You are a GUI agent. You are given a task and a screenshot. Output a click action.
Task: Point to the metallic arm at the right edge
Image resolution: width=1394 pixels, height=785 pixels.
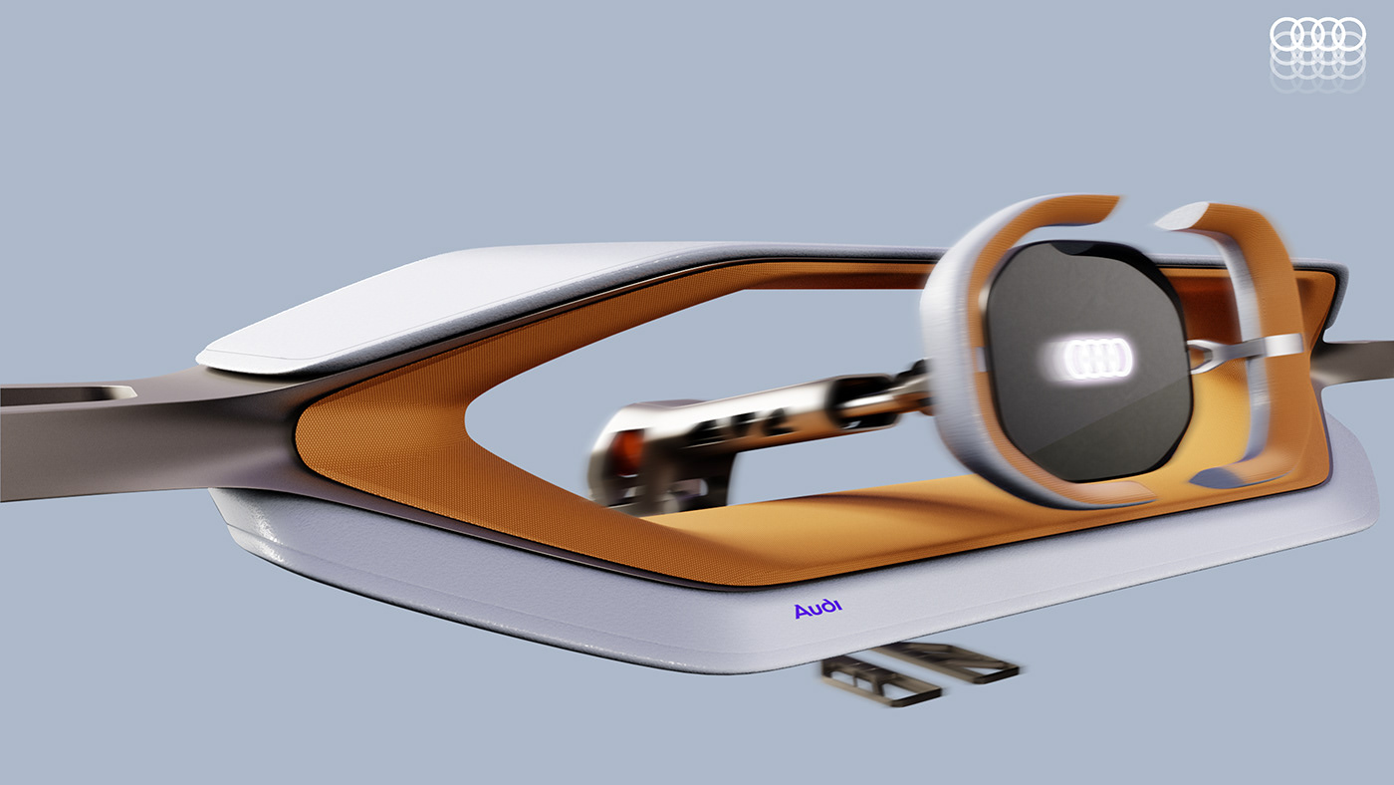pyautogui.click(x=1359, y=359)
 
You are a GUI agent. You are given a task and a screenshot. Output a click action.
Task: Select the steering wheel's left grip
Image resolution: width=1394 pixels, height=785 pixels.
pyautogui.click(x=956, y=349)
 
